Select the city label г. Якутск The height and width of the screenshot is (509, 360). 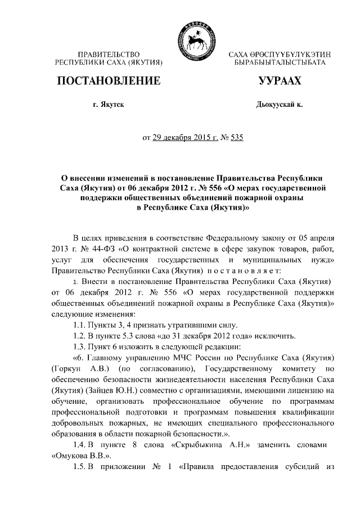(x=109, y=105)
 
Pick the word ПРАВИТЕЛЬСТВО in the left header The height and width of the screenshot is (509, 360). (x=109, y=53)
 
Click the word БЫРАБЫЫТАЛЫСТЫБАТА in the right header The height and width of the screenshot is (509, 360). (x=280, y=61)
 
